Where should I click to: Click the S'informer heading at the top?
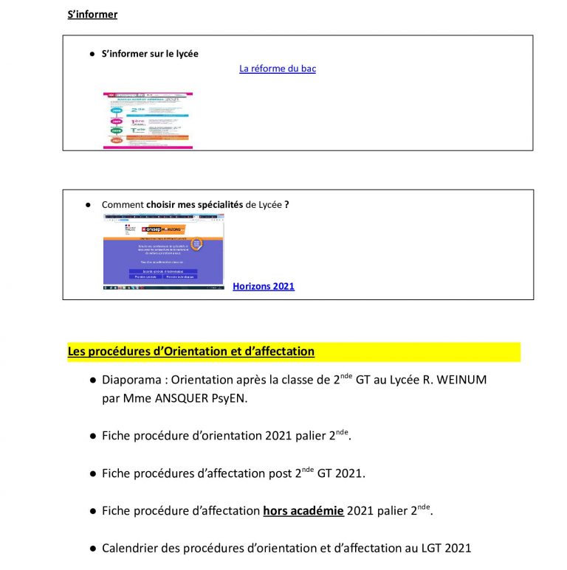[x=92, y=14]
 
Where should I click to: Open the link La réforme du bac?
[x=278, y=69]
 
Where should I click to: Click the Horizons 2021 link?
[x=264, y=286]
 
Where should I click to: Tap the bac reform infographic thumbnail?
[x=148, y=120]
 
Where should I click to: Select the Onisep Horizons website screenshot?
[x=163, y=252]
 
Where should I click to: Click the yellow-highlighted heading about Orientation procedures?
[x=191, y=352]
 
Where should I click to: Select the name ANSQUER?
[x=182, y=399]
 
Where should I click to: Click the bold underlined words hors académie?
[x=303, y=510]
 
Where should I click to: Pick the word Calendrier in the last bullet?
[x=131, y=548]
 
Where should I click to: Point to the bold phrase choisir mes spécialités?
[x=195, y=204]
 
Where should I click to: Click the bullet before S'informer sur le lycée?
[x=93, y=54]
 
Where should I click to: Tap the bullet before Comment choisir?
[x=88, y=204]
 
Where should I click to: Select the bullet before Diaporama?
[x=93, y=381]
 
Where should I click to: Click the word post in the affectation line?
[x=281, y=473]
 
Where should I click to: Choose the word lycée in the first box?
[x=184, y=54]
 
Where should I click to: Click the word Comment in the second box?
[x=123, y=204]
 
